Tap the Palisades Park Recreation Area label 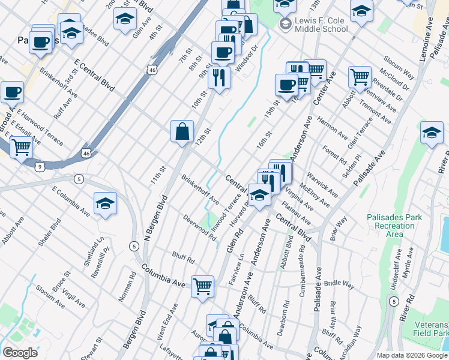tap(394, 226)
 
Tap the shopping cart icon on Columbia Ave tap(203, 286)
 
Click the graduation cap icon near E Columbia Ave tap(105, 204)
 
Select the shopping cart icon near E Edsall tap(21, 146)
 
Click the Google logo tap(20, 352)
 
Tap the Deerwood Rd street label tap(200, 229)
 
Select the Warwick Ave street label tap(322, 186)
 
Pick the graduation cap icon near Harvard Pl tap(259, 195)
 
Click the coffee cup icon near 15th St tap(286, 84)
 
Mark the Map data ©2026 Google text tap(411, 355)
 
